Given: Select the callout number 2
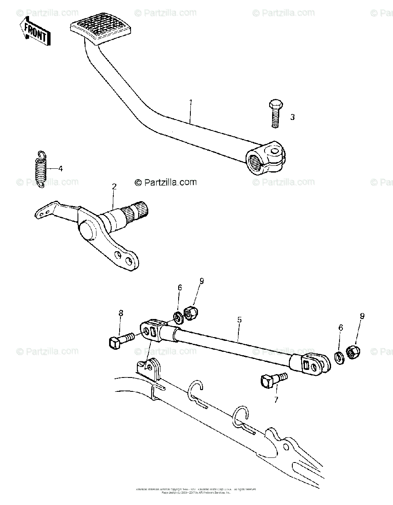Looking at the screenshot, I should [114, 186].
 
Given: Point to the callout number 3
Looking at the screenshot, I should [292, 117].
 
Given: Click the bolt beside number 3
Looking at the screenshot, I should [274, 113].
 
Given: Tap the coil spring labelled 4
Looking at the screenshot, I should [40, 169].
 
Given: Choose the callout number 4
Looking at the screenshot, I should [60, 169].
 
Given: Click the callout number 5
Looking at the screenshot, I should [239, 319].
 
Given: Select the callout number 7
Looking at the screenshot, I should [276, 400].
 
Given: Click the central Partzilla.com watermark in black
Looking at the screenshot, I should [166, 182].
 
